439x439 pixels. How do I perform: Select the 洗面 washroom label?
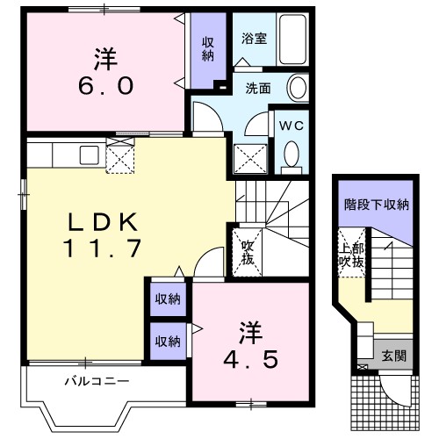tap(257, 88)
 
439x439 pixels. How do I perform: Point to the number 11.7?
tap(102, 248)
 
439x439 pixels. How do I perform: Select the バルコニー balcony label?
tap(97, 382)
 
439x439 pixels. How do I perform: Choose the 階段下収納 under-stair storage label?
tap(376, 205)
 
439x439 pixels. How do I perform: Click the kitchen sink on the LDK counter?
tap(90, 155)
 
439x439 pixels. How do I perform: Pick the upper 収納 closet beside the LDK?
tap(168, 299)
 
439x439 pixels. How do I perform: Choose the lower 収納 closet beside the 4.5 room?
tap(168, 340)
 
